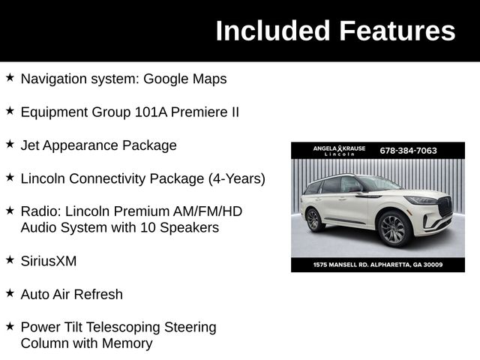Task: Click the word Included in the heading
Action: (x=272, y=31)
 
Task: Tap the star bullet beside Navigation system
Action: (x=10, y=77)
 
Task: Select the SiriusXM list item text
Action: (x=49, y=261)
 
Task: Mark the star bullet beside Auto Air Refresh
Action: (x=10, y=292)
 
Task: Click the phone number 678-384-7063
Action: (x=408, y=150)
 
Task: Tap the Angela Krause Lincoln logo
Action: (x=339, y=150)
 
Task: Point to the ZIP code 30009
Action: (x=430, y=265)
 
